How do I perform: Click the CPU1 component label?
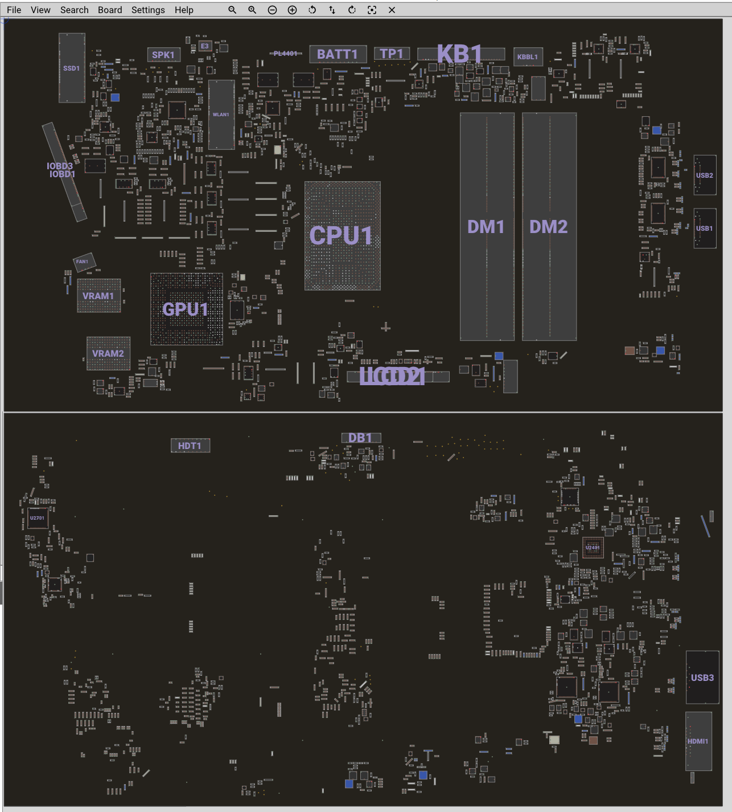pyautogui.click(x=342, y=236)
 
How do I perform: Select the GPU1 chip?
pyautogui.click(x=186, y=309)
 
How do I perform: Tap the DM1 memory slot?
pyautogui.click(x=487, y=227)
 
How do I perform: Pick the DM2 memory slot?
pyautogui.click(x=549, y=227)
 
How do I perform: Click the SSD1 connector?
pyautogui.click(x=72, y=68)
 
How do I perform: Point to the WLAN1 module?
pyautogui.click(x=221, y=115)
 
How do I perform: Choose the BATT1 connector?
pyautogui.click(x=338, y=54)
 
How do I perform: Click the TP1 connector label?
pyautogui.click(x=392, y=54)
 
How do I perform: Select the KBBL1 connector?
pyautogui.click(x=528, y=56)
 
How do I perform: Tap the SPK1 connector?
pyautogui.click(x=163, y=55)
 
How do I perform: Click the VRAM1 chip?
pyautogui.click(x=98, y=296)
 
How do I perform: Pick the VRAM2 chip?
pyautogui.click(x=108, y=353)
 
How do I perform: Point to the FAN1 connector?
pyautogui.click(x=83, y=262)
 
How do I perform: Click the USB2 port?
pyautogui.click(x=705, y=175)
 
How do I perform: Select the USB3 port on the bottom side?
pyautogui.click(x=702, y=678)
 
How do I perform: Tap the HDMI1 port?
pyautogui.click(x=698, y=741)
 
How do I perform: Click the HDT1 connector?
pyautogui.click(x=190, y=446)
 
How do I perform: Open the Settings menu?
pyautogui.click(x=148, y=10)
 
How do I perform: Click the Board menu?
pyautogui.click(x=110, y=10)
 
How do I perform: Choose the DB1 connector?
pyautogui.click(x=360, y=438)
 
